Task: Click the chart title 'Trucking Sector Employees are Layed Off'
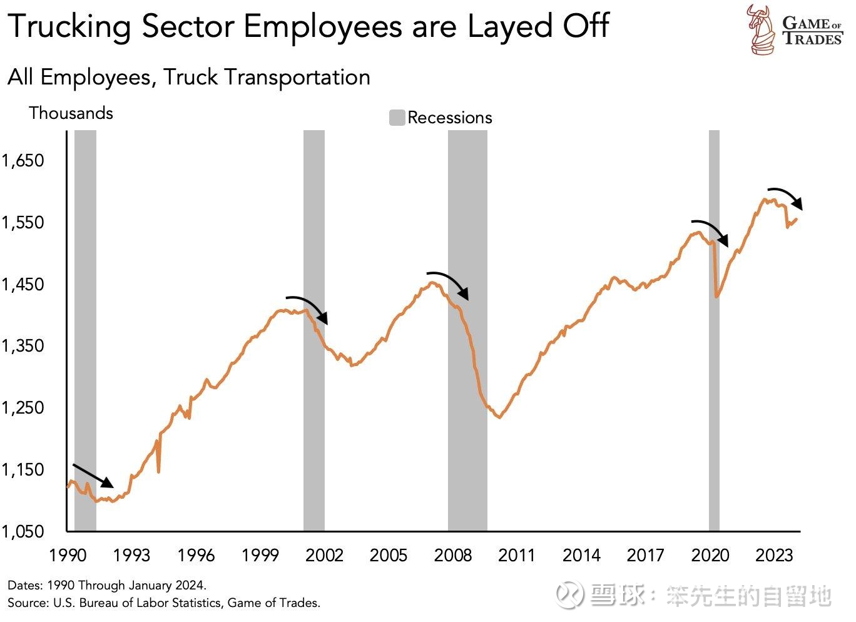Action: coord(308,26)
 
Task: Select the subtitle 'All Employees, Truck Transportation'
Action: coord(189,78)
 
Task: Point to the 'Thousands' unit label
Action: coord(71,113)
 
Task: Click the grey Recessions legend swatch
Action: coord(397,118)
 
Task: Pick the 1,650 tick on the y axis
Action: coord(23,161)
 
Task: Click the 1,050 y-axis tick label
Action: coord(23,532)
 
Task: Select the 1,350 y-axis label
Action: coord(23,346)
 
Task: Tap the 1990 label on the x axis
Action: coord(68,556)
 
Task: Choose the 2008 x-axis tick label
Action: coord(453,556)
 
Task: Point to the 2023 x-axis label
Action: coord(774,556)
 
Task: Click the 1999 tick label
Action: coord(260,556)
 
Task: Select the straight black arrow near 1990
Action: coord(93,476)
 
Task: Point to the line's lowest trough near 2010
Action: coord(499,417)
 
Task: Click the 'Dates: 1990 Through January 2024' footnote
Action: coord(107,586)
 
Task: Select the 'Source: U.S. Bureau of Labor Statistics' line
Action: coord(164,603)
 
